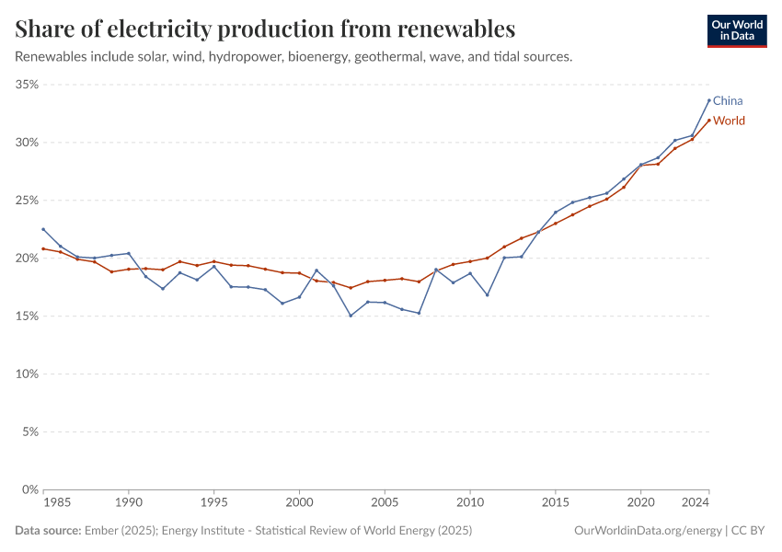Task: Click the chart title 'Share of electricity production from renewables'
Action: [265, 29]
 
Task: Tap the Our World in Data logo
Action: [736, 30]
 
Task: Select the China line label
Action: [728, 100]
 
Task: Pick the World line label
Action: [729, 121]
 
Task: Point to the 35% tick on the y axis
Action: [26, 85]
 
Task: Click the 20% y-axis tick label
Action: [26, 259]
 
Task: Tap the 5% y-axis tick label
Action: [29, 431]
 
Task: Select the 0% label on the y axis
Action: [29, 489]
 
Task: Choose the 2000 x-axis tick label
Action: [299, 504]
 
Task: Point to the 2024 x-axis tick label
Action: [696, 504]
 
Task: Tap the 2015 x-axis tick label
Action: [556, 504]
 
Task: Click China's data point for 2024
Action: [708, 100]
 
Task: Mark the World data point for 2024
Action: [708, 121]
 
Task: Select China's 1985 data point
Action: [43, 229]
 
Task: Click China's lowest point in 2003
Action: [351, 316]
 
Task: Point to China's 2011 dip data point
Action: [487, 295]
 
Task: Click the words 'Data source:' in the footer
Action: [47, 531]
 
